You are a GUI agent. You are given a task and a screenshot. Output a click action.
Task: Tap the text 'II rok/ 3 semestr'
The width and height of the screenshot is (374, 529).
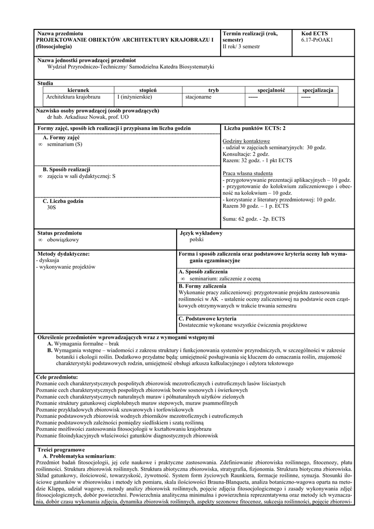241,46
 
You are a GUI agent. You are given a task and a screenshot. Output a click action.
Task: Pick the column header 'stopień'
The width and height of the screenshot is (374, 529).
148,90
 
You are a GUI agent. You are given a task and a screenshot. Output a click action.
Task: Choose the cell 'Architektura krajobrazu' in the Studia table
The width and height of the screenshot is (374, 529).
73,97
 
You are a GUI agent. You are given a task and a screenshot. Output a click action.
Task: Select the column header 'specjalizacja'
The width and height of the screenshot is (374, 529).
317,90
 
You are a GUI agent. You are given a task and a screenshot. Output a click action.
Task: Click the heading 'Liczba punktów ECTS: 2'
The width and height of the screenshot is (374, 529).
255,128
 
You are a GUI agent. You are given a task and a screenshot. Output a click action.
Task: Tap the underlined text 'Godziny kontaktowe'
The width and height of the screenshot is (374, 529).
245,141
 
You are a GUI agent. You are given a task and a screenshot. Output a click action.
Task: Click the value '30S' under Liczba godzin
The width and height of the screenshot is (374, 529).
51,208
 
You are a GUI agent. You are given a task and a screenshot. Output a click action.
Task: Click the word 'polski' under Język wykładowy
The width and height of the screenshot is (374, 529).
197,240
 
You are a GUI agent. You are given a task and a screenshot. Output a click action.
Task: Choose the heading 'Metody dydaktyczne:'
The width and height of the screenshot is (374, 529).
64,254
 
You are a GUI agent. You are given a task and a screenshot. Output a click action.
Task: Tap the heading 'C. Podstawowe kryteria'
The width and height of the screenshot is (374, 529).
207,319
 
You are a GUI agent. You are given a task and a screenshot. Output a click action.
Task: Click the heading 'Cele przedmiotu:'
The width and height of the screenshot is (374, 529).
57,378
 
